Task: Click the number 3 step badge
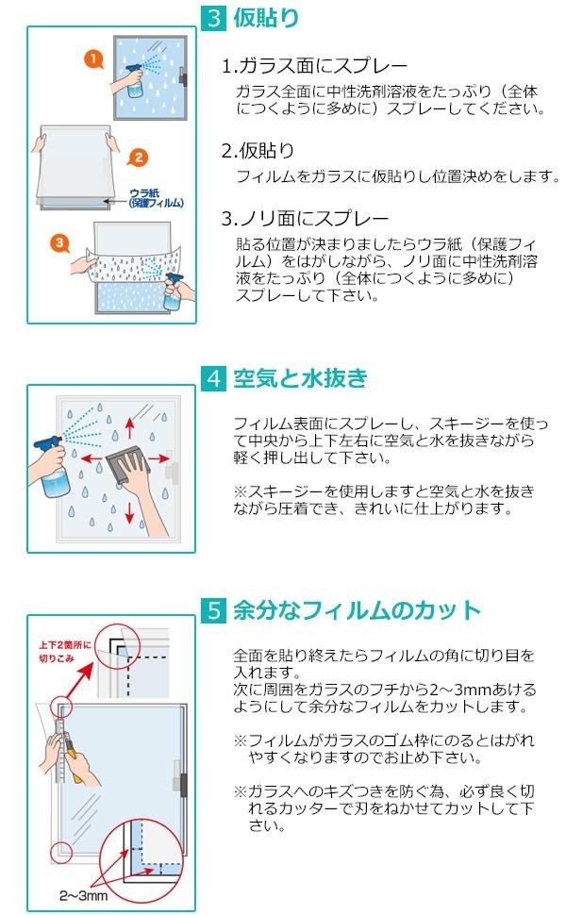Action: tap(213, 18)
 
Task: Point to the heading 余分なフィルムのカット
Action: tap(357, 610)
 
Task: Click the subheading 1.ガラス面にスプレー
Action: tap(314, 66)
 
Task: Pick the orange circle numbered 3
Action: tap(60, 242)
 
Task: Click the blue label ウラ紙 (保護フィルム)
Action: tap(155, 197)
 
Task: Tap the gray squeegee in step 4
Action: tap(125, 465)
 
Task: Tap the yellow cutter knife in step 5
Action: tap(67, 755)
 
